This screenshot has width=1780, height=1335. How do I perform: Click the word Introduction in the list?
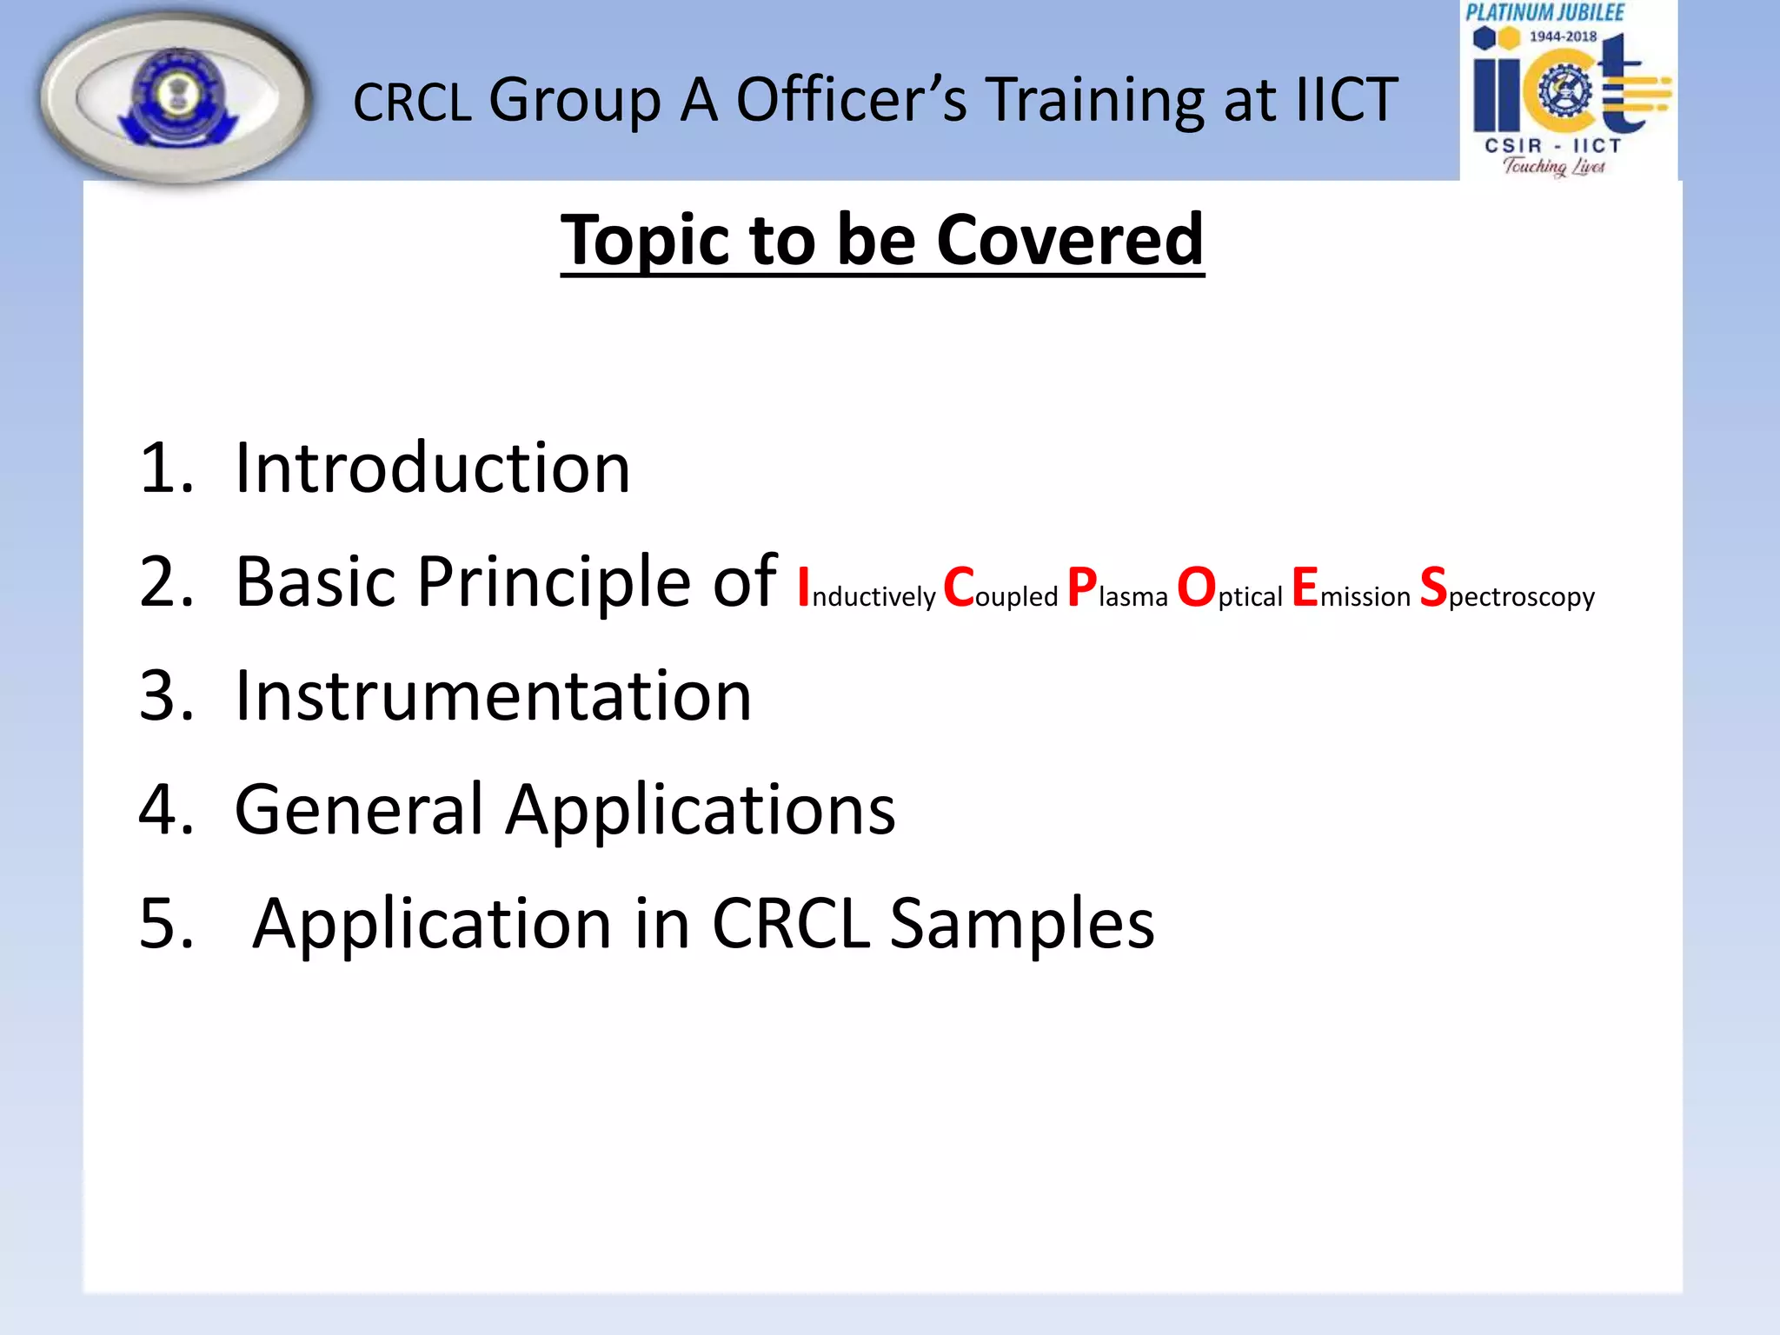432,468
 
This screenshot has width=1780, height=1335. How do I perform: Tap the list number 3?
165,696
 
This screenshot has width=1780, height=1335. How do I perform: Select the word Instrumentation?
493,696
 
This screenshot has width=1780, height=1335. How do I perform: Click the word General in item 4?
358,810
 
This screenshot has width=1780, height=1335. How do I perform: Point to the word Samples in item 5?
1022,924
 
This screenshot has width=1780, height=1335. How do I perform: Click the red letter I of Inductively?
804,588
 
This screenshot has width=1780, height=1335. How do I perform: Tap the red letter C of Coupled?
959,588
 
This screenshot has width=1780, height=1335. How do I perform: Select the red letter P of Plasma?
1082,588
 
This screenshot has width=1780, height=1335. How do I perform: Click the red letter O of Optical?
1196,588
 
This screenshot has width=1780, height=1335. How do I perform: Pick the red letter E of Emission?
1305,588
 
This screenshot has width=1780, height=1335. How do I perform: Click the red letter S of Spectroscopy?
1432,588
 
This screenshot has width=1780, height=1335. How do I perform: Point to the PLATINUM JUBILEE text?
1544,13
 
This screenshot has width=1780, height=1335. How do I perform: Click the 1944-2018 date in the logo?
1563,37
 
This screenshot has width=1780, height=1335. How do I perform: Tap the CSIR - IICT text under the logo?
1552,146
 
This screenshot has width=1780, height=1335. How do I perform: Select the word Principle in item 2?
553,582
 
